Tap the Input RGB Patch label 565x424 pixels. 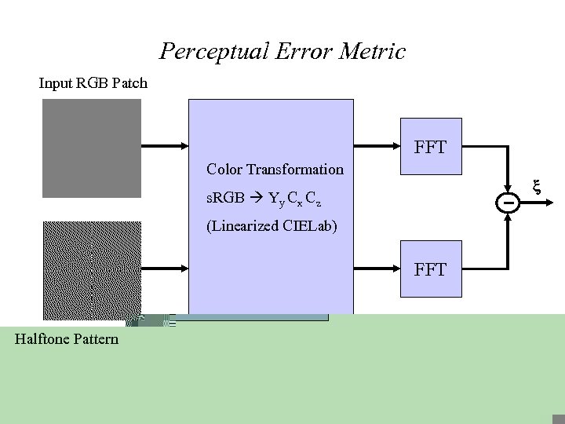click(x=93, y=82)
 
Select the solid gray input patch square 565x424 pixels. click(x=92, y=148)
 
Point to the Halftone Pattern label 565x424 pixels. click(x=67, y=339)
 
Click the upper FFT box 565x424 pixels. click(x=431, y=146)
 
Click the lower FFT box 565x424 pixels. click(x=431, y=269)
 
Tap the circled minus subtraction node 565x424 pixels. click(x=508, y=203)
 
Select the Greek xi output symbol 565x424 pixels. click(x=538, y=188)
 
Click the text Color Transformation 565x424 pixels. click(x=275, y=170)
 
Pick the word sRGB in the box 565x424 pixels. click(x=225, y=198)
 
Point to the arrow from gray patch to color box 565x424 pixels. click(x=165, y=145)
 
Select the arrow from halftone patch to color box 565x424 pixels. click(x=165, y=269)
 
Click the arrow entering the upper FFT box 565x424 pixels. click(x=377, y=145)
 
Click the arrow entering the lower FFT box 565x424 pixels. click(x=377, y=269)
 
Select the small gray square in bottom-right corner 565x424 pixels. click(x=558, y=419)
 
